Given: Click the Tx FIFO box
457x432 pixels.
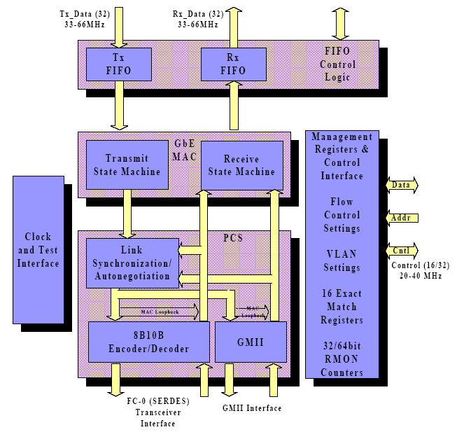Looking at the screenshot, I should pyautogui.click(x=118, y=64).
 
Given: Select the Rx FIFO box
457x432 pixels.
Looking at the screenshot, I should pyautogui.click(x=233, y=64).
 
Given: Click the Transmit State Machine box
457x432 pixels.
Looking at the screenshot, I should pyautogui.click(x=127, y=165).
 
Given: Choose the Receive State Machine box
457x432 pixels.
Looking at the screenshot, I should pyautogui.click(x=242, y=165).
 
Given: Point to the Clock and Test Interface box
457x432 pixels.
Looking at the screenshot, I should pyautogui.click(x=38, y=250).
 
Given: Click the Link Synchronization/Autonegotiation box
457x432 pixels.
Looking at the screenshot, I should pyautogui.click(x=132, y=263).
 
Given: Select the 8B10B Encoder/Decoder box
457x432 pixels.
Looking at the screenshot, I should pyautogui.click(x=148, y=342).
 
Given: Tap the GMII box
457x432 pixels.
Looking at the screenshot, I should pyautogui.click(x=250, y=342).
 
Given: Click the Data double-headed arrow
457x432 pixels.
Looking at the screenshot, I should pyautogui.click(x=401, y=185).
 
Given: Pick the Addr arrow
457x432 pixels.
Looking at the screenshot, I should pyautogui.click(x=401, y=218).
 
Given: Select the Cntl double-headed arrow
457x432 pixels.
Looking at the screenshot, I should pyautogui.click(x=401, y=250).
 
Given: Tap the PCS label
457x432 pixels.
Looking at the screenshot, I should pyautogui.click(x=232, y=238).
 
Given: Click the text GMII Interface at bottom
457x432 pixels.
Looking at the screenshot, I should pyautogui.click(x=252, y=408).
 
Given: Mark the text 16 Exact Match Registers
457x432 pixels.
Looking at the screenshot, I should pyautogui.click(x=342, y=306).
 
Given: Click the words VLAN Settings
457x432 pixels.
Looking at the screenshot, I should pyautogui.click(x=342, y=260).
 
